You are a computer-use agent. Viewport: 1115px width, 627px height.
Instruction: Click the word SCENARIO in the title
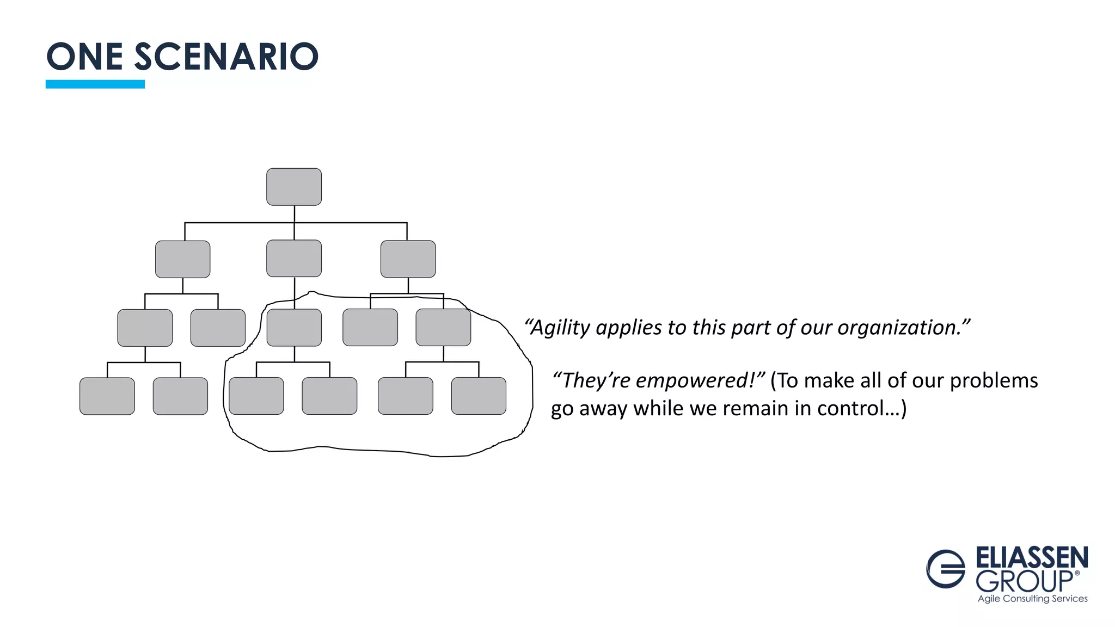[x=226, y=57]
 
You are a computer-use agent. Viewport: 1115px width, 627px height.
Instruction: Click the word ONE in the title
[x=84, y=57]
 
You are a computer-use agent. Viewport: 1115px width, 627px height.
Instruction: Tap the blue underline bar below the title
[x=95, y=84]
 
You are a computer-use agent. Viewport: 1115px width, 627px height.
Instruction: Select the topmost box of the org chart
[x=294, y=187]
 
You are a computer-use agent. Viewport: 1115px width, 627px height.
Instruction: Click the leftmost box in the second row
[x=182, y=259]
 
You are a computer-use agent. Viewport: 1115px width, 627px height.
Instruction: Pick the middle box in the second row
[x=294, y=259]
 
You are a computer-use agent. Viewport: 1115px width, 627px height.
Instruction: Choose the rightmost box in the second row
[x=408, y=259]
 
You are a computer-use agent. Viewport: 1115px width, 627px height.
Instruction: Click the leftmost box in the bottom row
[x=107, y=396]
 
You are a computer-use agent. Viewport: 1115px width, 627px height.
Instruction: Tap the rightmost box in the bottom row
[x=479, y=396]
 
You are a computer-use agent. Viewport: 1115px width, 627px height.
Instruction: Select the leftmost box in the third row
[x=145, y=328]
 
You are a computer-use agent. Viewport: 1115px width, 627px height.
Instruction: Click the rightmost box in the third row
[x=443, y=327]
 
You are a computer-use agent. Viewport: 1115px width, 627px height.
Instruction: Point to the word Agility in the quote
[x=560, y=328]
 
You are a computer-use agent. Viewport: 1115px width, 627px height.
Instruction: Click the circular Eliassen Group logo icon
[x=946, y=569]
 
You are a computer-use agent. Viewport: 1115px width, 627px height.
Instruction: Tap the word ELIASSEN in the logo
[x=1032, y=558]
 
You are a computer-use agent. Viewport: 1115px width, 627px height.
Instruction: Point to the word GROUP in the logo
[x=1024, y=582]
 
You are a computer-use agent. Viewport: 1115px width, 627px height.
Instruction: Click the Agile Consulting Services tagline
[x=1032, y=599]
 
